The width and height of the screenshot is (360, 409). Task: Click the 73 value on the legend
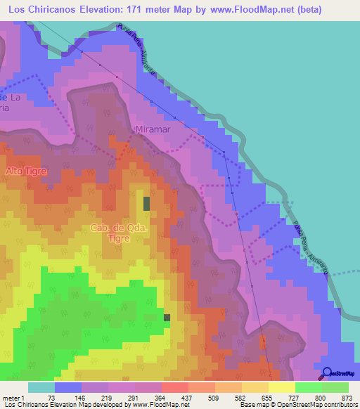[x=51, y=397]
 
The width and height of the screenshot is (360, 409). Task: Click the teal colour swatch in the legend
[x=41, y=387]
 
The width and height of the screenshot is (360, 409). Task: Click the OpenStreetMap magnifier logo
[x=327, y=374]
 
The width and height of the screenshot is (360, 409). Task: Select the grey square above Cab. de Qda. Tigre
[x=147, y=203]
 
